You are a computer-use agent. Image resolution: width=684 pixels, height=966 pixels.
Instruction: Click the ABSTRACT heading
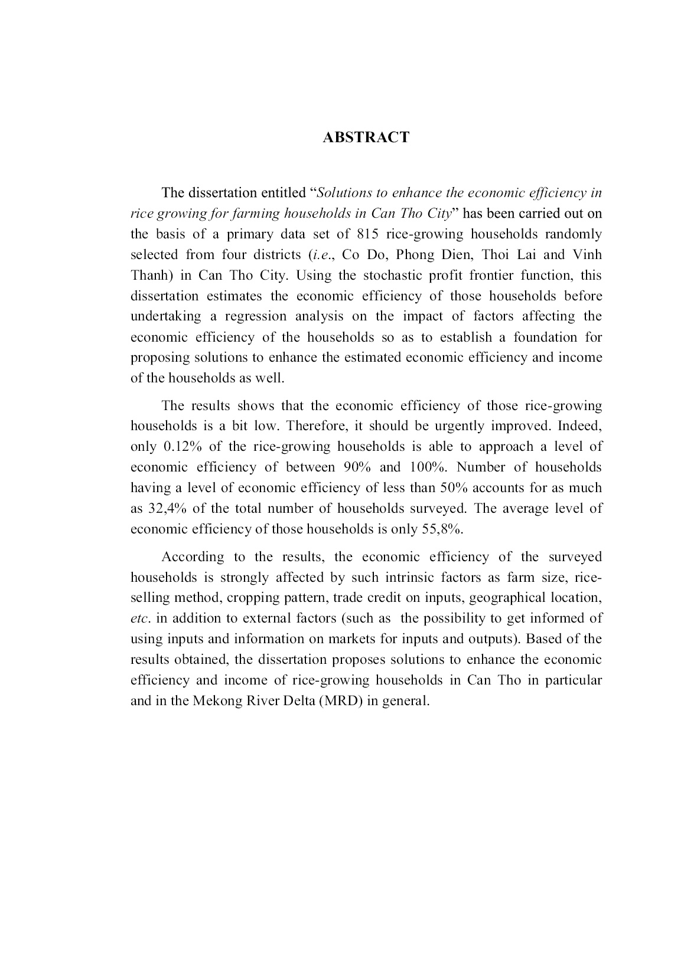pyautogui.click(x=366, y=137)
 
